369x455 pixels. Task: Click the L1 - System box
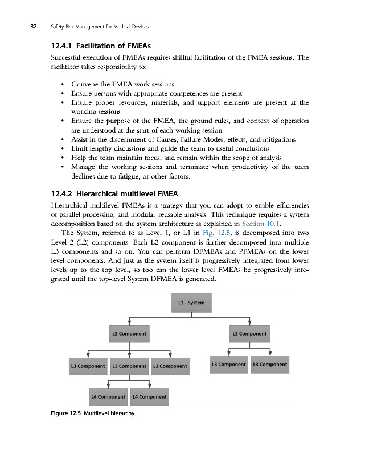192,301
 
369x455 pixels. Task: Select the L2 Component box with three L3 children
130,333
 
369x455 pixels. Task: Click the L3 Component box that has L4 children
130,366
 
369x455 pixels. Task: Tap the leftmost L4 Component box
108,396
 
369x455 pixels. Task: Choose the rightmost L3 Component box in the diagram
270,364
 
